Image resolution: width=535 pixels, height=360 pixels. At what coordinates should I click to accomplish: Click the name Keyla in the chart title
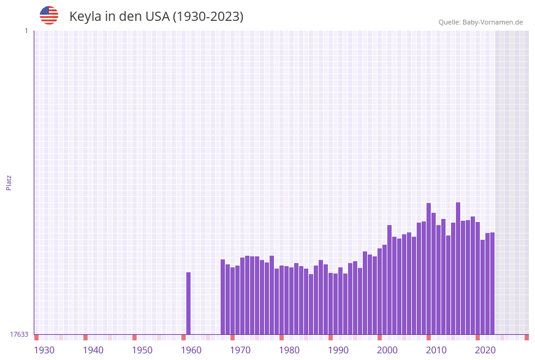click(x=85, y=17)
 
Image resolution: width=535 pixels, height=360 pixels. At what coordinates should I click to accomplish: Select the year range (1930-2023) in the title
click(x=208, y=17)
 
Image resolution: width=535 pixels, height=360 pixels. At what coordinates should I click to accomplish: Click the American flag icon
click(x=49, y=15)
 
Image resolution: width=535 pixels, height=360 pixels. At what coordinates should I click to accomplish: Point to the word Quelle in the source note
click(x=449, y=22)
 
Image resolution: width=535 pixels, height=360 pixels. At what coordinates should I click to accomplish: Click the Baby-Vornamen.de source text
click(x=493, y=22)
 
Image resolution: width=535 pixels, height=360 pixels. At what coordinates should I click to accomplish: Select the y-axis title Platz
click(x=9, y=182)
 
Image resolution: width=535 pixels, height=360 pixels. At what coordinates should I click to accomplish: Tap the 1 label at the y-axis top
click(x=26, y=31)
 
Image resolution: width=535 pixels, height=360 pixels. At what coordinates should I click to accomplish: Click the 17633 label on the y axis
click(x=19, y=334)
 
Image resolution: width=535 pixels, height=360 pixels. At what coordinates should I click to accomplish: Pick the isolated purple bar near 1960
click(x=189, y=303)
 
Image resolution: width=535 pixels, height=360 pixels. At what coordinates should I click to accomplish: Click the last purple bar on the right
click(x=492, y=283)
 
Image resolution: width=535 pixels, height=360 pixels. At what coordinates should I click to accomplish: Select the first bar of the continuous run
click(x=223, y=297)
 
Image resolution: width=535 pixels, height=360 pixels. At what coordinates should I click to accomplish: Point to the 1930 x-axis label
click(x=44, y=350)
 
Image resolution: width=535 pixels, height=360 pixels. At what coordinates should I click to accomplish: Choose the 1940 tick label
click(x=93, y=350)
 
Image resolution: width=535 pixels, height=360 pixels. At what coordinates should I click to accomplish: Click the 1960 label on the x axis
click(x=191, y=350)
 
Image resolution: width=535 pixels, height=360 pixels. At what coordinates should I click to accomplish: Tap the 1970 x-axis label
click(x=240, y=350)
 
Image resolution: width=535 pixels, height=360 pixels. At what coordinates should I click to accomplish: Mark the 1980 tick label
click(x=289, y=350)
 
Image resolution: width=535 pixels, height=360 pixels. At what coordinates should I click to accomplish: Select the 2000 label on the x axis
click(x=387, y=350)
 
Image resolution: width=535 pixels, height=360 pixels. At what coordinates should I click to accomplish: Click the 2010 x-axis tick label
click(x=436, y=350)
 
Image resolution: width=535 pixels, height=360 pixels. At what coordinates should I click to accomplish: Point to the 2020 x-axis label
click(x=485, y=350)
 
